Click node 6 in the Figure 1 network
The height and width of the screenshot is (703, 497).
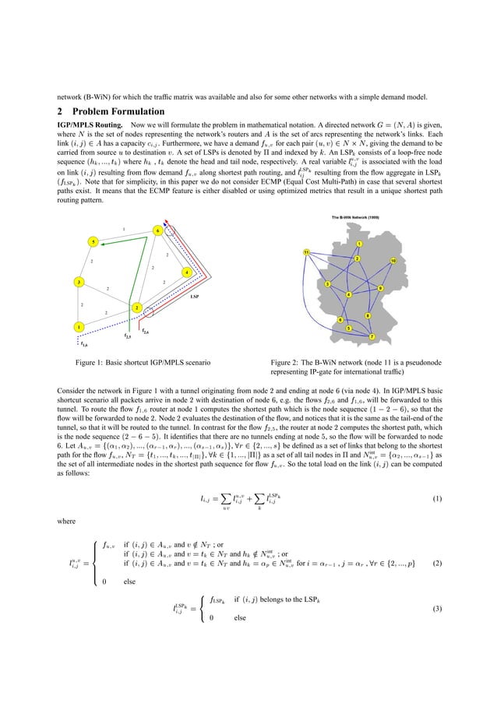coord(157,230)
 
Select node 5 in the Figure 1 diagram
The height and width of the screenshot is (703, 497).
coord(93,242)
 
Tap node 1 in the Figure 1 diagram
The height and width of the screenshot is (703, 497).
coord(79,326)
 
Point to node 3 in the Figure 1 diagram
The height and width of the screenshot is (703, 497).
coord(79,280)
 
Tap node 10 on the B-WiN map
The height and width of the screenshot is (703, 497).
coord(394,260)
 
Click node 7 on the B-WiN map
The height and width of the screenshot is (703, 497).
coord(372,336)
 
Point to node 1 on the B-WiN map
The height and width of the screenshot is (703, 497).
coord(358,244)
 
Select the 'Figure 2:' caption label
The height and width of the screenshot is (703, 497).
coord(287,362)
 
